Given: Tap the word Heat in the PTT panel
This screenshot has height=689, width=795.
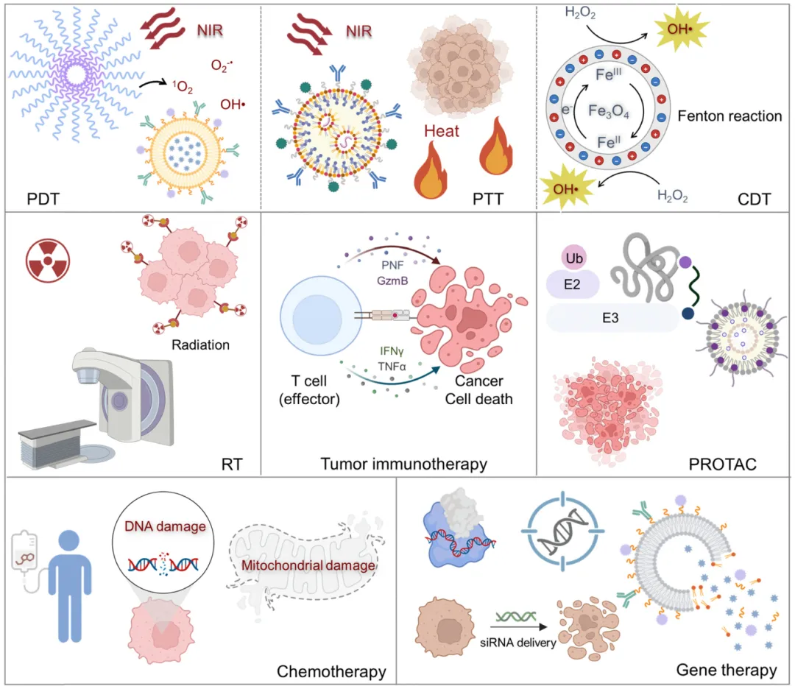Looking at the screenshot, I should [x=442, y=132].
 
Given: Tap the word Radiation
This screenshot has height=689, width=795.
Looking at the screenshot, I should [x=201, y=344].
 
